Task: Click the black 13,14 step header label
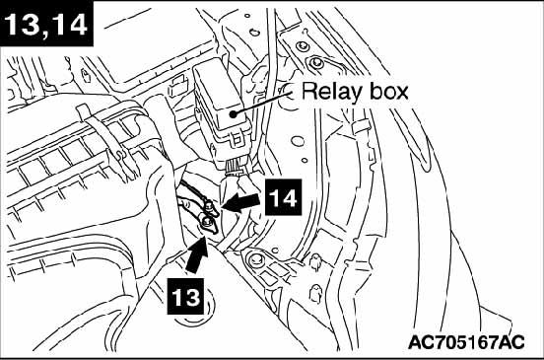pyautogui.click(x=47, y=24)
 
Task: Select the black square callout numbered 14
pyautogui.click(x=283, y=197)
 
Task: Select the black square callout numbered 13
pyautogui.click(x=185, y=296)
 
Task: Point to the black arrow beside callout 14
pyautogui.click(x=241, y=202)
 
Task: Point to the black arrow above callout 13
pyautogui.click(x=198, y=254)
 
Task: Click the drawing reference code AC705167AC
pyautogui.click(x=466, y=342)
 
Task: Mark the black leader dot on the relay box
pyautogui.click(x=234, y=113)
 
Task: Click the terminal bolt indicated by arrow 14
pyautogui.click(x=209, y=207)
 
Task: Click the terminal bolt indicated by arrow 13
pyautogui.click(x=207, y=222)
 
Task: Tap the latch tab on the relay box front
pyautogui.click(x=237, y=138)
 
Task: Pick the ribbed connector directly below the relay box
pyautogui.click(x=234, y=168)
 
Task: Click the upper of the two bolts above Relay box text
pyautogui.click(x=301, y=45)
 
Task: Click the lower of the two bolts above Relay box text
pyautogui.click(x=315, y=63)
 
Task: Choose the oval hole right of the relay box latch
pyautogui.click(x=298, y=141)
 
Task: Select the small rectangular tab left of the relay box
pyautogui.click(x=178, y=87)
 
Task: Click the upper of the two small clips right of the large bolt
pyautogui.click(x=315, y=261)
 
